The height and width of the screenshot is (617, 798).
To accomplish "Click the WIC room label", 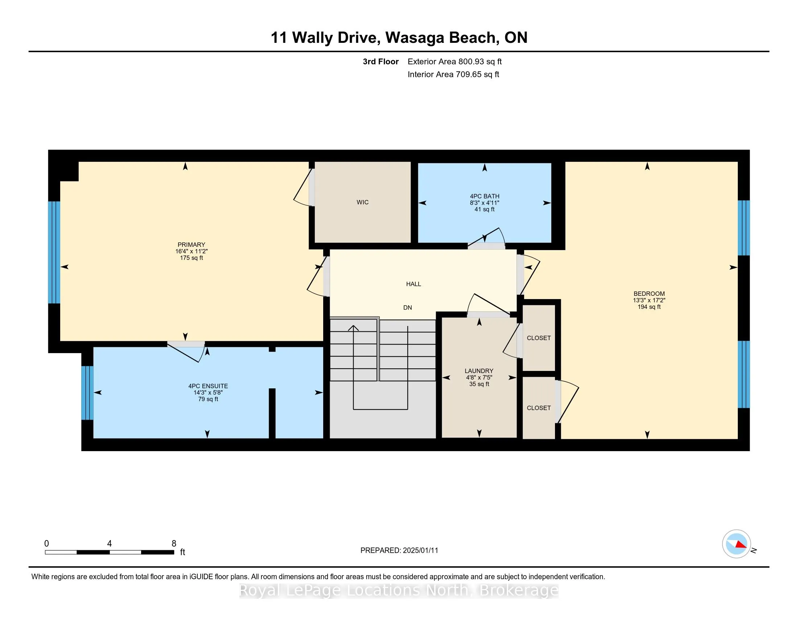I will click(x=362, y=202).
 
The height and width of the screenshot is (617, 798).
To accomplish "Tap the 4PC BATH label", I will click(x=485, y=196).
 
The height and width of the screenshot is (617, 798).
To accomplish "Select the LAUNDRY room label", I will click(x=479, y=371).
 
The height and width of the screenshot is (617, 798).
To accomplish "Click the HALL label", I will click(x=413, y=284).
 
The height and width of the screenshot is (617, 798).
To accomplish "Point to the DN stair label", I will click(x=407, y=308).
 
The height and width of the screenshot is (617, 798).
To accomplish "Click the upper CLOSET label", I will click(x=539, y=338).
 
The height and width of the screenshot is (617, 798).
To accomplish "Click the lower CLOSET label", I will click(x=539, y=408).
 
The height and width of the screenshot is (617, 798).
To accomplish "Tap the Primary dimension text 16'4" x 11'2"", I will click(x=192, y=252).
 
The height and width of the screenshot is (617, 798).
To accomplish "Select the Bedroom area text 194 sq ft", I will click(x=649, y=307).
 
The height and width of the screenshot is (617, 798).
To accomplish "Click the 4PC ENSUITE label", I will click(x=208, y=386).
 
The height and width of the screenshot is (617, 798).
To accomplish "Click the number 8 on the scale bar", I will click(x=174, y=544).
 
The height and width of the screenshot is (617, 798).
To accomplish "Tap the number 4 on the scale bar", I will click(x=109, y=544).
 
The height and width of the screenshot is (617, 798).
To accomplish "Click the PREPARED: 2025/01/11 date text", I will click(x=399, y=551).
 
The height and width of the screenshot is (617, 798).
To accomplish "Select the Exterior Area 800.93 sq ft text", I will click(x=454, y=62).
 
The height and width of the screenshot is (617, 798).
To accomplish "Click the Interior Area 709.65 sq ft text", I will click(x=453, y=74).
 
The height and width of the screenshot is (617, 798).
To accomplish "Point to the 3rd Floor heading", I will click(x=381, y=62).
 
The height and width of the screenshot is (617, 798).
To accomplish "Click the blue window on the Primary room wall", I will click(x=54, y=252).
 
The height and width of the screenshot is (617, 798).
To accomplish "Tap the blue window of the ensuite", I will click(x=87, y=393).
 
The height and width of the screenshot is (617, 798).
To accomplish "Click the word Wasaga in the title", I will click(x=415, y=38).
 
